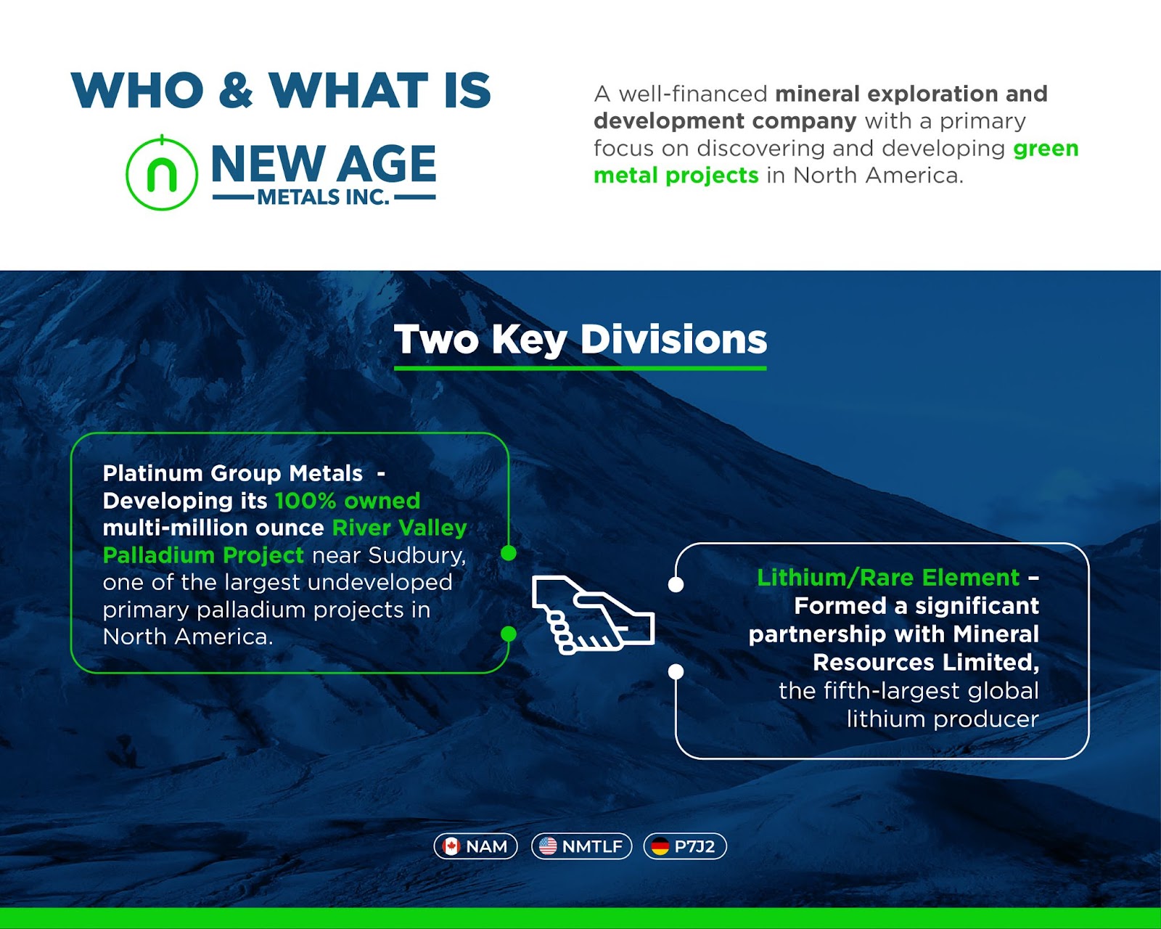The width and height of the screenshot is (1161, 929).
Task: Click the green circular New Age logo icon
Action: [x=161, y=173]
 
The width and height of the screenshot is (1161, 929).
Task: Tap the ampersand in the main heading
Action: [x=237, y=89]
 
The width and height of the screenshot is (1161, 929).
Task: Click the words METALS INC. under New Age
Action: [x=323, y=197]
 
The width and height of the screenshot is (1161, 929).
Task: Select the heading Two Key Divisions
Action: [x=580, y=339]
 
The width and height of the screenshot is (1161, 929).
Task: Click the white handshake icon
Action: [x=593, y=615]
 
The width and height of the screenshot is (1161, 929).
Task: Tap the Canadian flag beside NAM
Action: [x=451, y=846]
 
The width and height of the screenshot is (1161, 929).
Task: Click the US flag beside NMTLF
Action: [x=548, y=846]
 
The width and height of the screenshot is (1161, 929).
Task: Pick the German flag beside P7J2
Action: [x=660, y=846]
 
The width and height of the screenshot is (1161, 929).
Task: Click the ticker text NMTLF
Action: [x=592, y=846]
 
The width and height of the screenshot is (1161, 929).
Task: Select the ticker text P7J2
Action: [x=694, y=846]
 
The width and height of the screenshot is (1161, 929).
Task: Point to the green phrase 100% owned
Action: [x=348, y=500]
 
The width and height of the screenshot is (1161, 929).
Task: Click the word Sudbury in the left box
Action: [x=417, y=555]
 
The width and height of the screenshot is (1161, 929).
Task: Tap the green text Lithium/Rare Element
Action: [x=888, y=578]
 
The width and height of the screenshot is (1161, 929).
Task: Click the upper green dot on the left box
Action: [x=508, y=553]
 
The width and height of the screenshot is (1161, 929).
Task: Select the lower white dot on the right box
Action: [x=676, y=671]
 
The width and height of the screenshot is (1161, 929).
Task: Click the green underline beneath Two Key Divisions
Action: [x=580, y=368]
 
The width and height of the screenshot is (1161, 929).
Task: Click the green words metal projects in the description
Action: [x=676, y=176]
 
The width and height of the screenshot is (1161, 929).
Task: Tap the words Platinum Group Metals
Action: [x=232, y=473]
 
